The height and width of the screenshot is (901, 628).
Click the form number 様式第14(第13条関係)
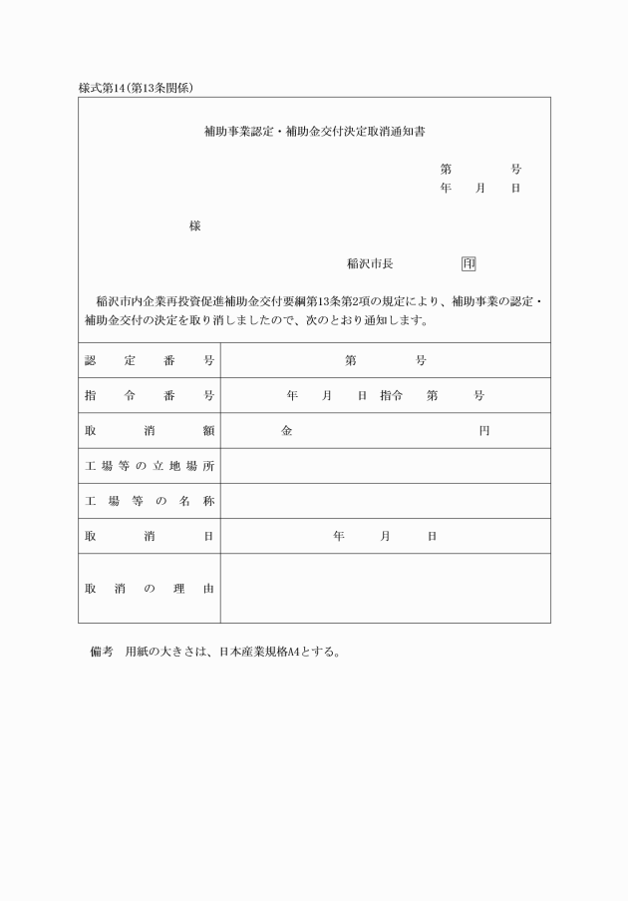pyautogui.click(x=136, y=88)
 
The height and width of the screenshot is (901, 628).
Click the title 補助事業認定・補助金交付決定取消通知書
pyautogui.click(x=314, y=131)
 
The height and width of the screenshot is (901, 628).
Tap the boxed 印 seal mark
pyautogui.click(x=469, y=264)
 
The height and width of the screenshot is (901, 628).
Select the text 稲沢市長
pyautogui.click(x=370, y=264)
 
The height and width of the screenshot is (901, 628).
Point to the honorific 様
pyautogui.click(x=194, y=226)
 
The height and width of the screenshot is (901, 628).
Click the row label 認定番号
pyautogui.click(x=150, y=360)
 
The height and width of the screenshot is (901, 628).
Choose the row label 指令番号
pyautogui.click(x=150, y=396)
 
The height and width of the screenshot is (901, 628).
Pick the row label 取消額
pyautogui.click(x=150, y=431)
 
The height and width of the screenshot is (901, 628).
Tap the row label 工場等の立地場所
pyautogui.click(x=150, y=467)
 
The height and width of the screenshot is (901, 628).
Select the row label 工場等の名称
pyautogui.click(x=150, y=501)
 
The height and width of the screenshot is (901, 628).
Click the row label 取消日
pyautogui.click(x=150, y=536)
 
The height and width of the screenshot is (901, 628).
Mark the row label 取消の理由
pyautogui.click(x=150, y=589)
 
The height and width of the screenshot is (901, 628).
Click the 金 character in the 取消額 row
pyautogui.click(x=287, y=431)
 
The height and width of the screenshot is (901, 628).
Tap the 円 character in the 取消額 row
pyautogui.click(x=483, y=431)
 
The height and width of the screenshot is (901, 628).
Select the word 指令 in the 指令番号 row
pyautogui.click(x=391, y=396)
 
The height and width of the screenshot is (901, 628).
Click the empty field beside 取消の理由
pyautogui.click(x=385, y=589)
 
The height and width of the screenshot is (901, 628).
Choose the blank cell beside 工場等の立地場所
pyautogui.click(x=385, y=466)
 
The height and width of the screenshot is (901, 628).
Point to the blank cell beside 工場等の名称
pyautogui.click(x=385, y=501)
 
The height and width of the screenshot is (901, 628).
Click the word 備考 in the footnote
pyautogui.click(x=102, y=654)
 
